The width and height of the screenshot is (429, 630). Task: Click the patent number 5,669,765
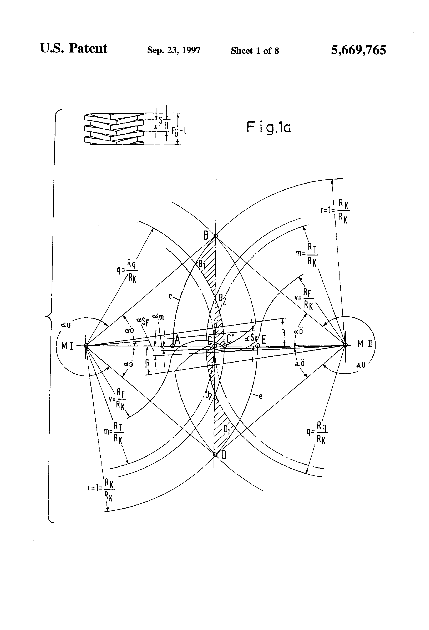[x=358, y=50]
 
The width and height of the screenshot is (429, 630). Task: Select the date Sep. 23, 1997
[x=174, y=50]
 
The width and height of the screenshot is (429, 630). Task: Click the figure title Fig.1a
[x=269, y=127]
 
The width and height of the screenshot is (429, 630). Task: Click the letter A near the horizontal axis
[x=177, y=339]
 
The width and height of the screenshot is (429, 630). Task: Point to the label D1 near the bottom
[x=227, y=430]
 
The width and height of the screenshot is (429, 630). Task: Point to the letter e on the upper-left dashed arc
[x=170, y=296]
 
